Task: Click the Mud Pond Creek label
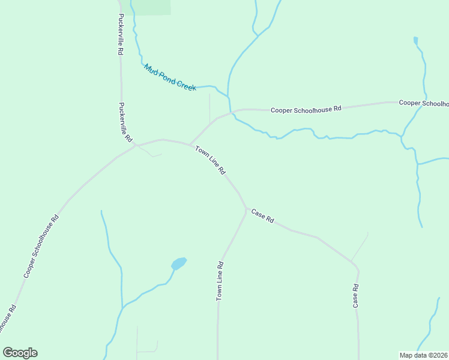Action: click(170, 78)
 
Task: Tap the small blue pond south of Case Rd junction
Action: click(179, 263)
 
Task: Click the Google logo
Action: click(20, 353)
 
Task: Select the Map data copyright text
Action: click(424, 355)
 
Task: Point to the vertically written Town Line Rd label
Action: click(220, 281)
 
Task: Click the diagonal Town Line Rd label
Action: click(210, 160)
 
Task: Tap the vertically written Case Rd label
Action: click(356, 296)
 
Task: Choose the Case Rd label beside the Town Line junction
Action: click(262, 216)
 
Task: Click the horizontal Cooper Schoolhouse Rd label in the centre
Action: click(306, 109)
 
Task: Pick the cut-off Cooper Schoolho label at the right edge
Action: click(424, 103)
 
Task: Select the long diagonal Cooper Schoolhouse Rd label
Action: click(41, 246)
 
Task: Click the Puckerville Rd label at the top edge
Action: click(121, 35)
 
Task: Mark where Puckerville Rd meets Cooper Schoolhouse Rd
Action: click(136, 145)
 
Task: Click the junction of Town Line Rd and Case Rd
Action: click(246, 208)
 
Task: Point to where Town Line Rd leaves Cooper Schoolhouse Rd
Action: click(190, 145)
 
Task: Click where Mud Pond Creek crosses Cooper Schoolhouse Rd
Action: click(231, 112)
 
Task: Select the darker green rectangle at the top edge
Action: click(151, 7)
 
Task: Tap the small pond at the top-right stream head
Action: click(415, 41)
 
